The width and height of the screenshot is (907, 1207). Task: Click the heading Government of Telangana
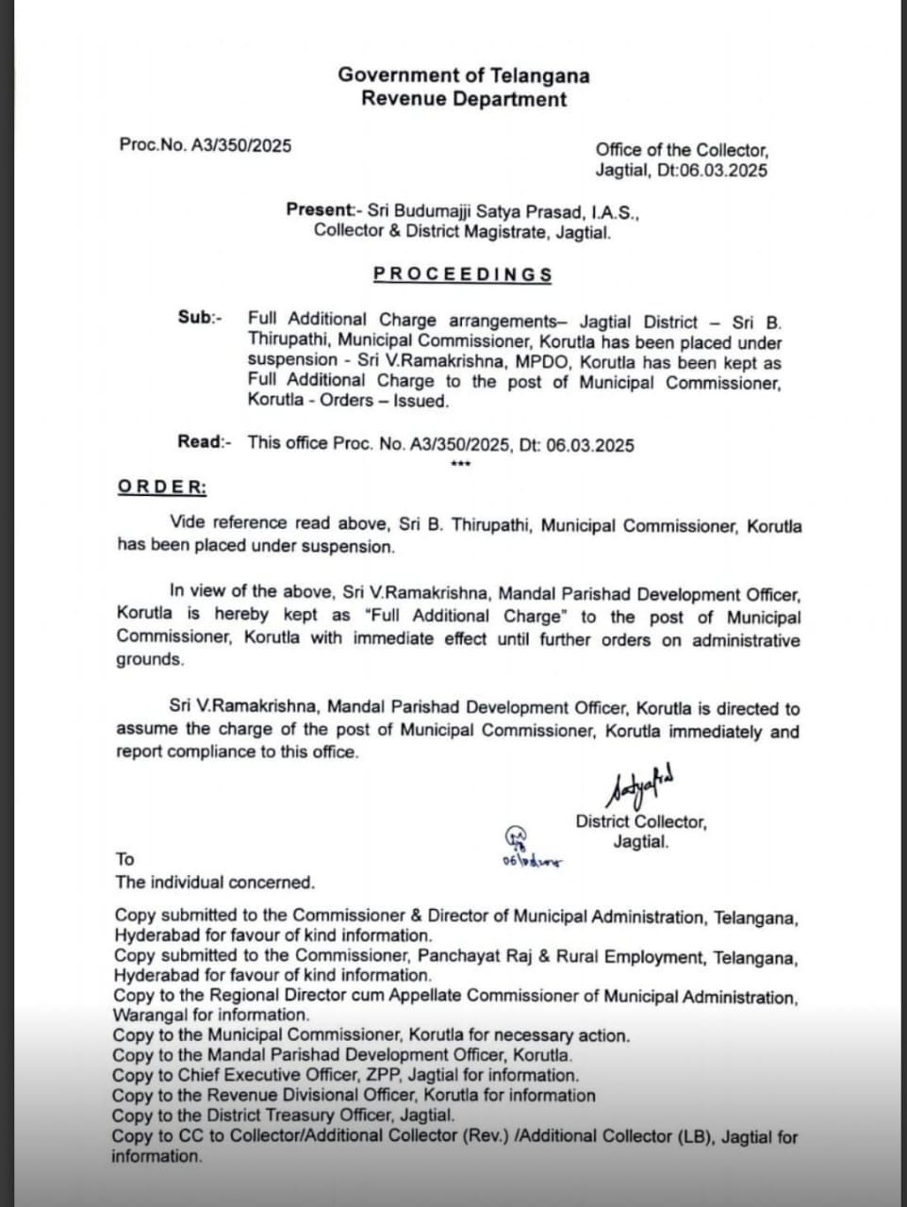click(463, 75)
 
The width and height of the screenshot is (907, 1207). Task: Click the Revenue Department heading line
click(463, 99)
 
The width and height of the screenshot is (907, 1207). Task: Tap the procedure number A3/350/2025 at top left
click(241, 145)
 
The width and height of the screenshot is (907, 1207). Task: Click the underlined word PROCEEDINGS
click(462, 274)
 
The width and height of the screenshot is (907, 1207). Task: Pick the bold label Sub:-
click(200, 318)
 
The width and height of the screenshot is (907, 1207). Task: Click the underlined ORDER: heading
click(161, 488)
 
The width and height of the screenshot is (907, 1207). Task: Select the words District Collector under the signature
click(641, 822)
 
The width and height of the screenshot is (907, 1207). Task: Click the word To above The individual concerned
click(125, 859)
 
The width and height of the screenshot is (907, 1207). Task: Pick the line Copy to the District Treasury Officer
click(283, 1116)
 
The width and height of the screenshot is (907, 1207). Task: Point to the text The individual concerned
click(214, 883)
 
